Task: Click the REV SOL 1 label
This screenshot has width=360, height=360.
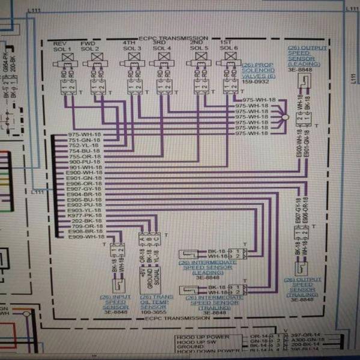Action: (63, 46)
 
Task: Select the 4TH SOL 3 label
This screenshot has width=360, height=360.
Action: (130, 46)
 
